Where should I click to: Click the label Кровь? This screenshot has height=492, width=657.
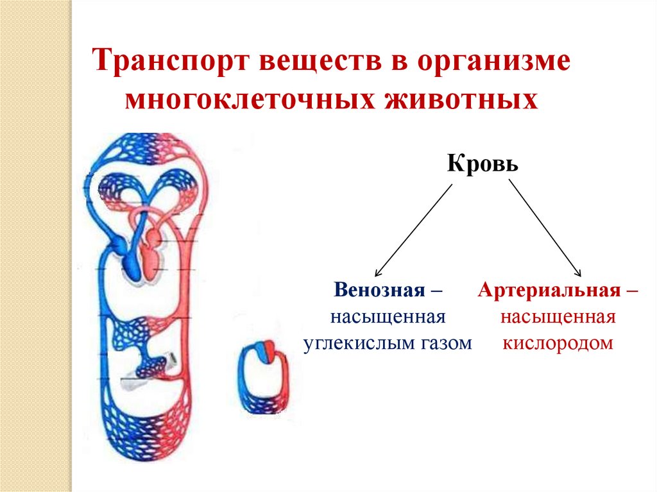pyautogui.click(x=482, y=164)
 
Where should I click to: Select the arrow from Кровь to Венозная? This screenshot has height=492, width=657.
pyautogui.click(x=414, y=228)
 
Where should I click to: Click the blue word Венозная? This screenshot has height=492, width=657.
pyautogui.click(x=379, y=291)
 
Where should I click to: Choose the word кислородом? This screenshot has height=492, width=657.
pyautogui.click(x=558, y=343)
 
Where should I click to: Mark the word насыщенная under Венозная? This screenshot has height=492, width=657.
pyautogui.click(x=388, y=318)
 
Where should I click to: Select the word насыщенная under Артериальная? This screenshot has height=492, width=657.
pyautogui.click(x=558, y=318)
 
